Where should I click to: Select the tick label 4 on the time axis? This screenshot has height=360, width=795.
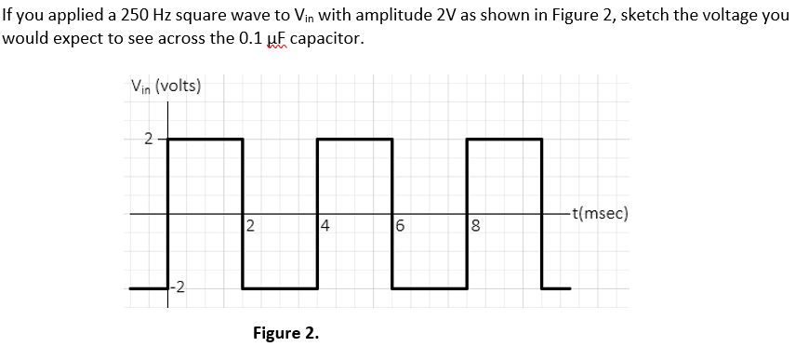[325, 225]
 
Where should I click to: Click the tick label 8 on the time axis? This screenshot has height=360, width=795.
[475, 225]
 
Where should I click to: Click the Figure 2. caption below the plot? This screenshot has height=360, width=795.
[285, 333]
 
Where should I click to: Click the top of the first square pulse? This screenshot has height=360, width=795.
[205, 140]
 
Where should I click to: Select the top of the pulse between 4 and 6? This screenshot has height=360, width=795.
[354, 140]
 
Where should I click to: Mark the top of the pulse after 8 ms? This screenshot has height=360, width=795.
[503, 140]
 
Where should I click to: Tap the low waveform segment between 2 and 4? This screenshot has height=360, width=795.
[280, 288]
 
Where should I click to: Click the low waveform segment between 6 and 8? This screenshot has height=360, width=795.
[429, 288]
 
